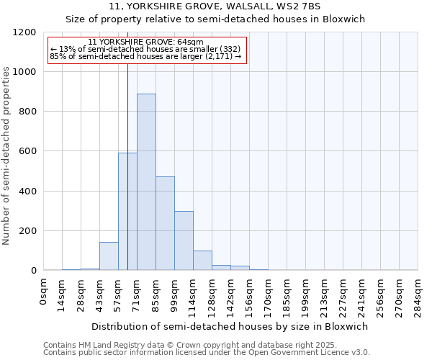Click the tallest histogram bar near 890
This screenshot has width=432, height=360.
click(x=146, y=182)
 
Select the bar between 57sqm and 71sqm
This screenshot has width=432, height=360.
click(x=127, y=212)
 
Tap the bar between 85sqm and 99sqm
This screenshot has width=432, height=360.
click(x=165, y=223)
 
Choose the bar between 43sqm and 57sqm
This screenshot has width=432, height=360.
click(x=109, y=256)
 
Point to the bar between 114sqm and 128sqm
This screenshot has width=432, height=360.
click(x=202, y=261)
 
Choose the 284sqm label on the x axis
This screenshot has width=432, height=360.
click(x=418, y=296)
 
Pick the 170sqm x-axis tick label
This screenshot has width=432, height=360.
click(x=268, y=296)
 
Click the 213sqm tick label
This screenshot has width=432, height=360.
click(x=324, y=296)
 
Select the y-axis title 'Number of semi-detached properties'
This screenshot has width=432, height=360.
click(x=7, y=152)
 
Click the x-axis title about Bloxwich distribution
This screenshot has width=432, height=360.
click(x=230, y=326)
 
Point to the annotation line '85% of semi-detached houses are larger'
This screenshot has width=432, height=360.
click(x=146, y=56)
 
